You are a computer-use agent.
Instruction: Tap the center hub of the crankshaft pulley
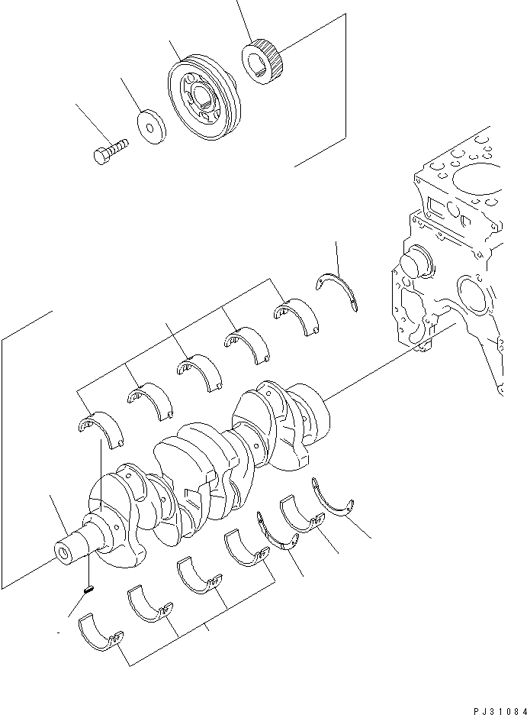pos(202,98)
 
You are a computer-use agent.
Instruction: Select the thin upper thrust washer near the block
pos(340,291)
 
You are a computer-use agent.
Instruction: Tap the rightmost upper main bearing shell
pos(298,315)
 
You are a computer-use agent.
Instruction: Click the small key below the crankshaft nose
pos(88,589)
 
